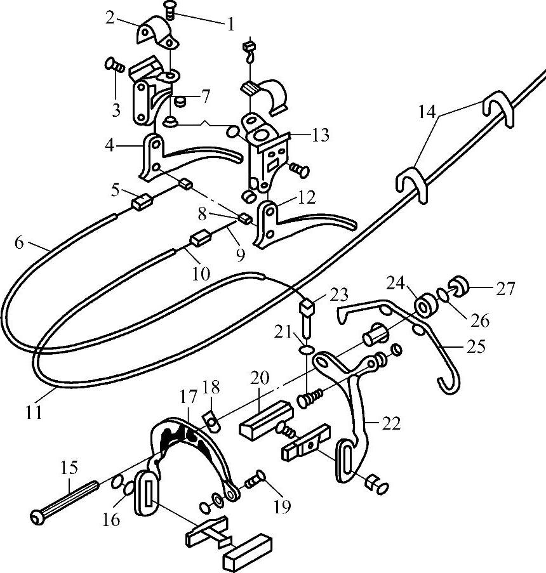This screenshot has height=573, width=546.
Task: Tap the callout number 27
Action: (x=505, y=289)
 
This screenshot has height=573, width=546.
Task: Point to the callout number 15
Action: (x=70, y=469)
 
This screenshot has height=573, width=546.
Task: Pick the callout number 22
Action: (x=392, y=424)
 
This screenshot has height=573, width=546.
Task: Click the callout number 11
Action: (x=34, y=411)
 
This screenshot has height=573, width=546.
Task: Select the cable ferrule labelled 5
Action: (x=140, y=203)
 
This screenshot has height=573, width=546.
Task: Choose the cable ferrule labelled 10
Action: (x=201, y=240)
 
